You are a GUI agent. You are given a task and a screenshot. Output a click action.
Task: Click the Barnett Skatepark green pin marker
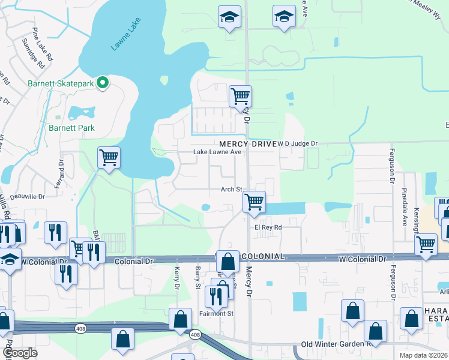pyautogui.click(x=103, y=83)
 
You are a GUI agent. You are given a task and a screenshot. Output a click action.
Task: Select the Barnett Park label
pyautogui.click(x=72, y=128)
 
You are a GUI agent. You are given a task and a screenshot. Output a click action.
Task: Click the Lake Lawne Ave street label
pyautogui.click(x=217, y=152)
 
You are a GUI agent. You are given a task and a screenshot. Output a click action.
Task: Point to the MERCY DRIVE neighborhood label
pyautogui.click(x=246, y=144)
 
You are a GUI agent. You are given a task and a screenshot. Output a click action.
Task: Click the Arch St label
pyautogui.click(x=231, y=190)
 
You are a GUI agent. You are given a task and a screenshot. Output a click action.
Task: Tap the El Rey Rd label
pyautogui.click(x=268, y=227)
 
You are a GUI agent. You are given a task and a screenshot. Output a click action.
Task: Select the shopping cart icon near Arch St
pyautogui.click(x=255, y=202)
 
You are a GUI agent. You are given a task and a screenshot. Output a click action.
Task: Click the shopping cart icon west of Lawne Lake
pyautogui.click(x=109, y=158)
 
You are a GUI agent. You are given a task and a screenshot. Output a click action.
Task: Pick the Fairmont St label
pyautogui.click(x=217, y=313)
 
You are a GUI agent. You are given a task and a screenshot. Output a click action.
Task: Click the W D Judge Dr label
pyautogui.click(x=297, y=144)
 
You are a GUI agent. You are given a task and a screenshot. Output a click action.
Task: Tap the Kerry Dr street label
pyautogui.click(x=177, y=278)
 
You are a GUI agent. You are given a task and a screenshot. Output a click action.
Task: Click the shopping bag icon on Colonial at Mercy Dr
pyautogui.click(x=228, y=262)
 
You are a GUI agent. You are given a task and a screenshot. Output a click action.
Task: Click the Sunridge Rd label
pyautogui.click(x=32, y=53)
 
